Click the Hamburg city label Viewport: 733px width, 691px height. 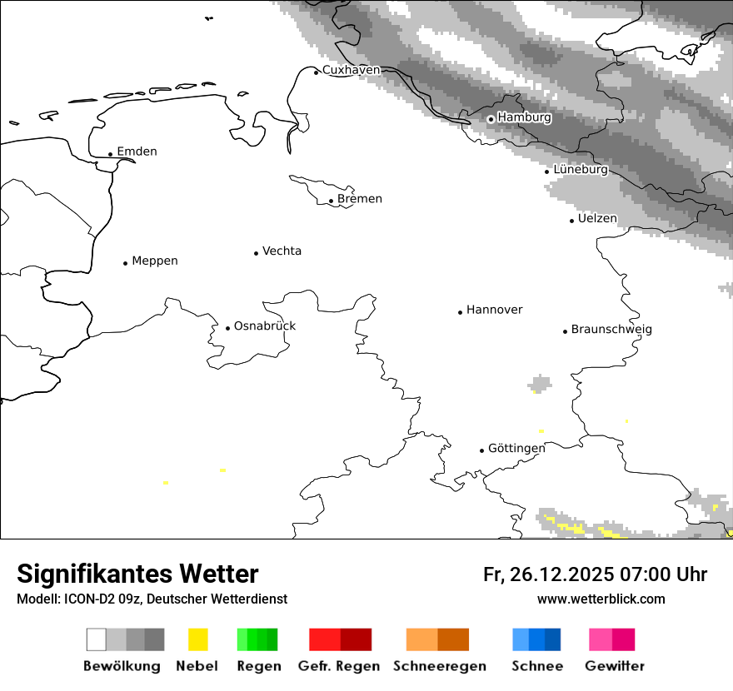point(524,117)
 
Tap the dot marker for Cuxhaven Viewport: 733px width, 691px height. point(317,72)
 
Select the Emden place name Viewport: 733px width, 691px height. point(137,152)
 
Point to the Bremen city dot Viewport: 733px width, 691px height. point(331,201)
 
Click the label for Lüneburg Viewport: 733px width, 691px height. point(581,169)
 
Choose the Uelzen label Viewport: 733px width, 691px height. point(597,218)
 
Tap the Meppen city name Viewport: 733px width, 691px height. point(155,261)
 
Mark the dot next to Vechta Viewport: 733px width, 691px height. point(256,253)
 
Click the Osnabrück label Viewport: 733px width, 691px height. point(265,326)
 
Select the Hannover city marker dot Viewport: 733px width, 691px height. point(460,312)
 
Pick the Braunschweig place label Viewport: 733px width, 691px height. point(611,329)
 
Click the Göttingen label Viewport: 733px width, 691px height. point(516,448)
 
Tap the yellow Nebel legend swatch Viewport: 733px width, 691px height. point(197,639)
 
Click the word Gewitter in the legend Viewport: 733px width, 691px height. point(615,666)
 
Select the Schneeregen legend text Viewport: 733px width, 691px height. point(440,666)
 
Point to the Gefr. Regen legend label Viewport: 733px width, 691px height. point(339,666)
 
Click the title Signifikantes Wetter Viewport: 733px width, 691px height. point(137,574)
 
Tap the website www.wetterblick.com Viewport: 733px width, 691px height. point(601,599)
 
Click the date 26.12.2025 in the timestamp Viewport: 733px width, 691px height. point(559,574)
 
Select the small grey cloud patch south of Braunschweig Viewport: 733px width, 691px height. point(540,384)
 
